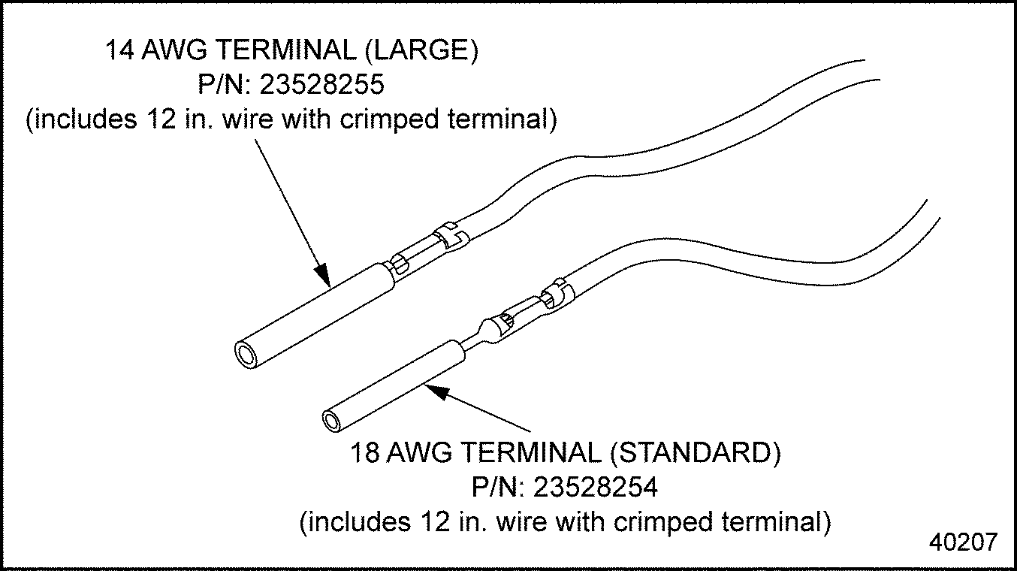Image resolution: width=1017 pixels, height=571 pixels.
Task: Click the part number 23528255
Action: point(322,85)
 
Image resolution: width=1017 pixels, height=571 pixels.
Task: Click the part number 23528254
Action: point(596,488)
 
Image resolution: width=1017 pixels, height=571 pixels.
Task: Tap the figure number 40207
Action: point(964,542)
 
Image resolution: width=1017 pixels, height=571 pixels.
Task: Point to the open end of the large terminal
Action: point(245,353)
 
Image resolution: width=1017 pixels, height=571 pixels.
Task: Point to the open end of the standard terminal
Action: point(331,419)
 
